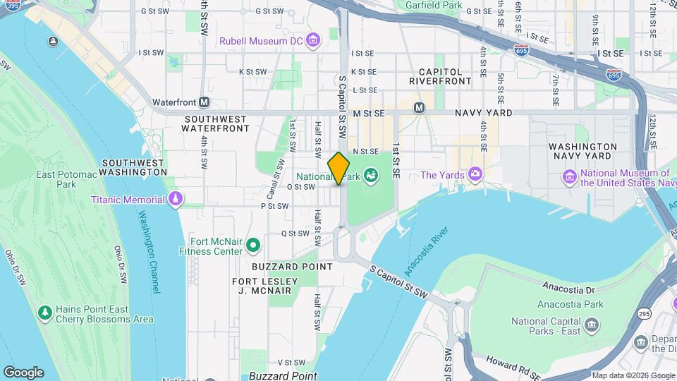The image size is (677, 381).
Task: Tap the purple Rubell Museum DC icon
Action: click(x=312, y=40)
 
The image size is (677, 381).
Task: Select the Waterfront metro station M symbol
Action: click(x=205, y=102)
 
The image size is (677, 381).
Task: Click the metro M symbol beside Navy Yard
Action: click(x=419, y=107)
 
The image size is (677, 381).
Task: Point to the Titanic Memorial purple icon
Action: click(x=174, y=200)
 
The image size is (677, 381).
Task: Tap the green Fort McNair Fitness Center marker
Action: click(x=253, y=246)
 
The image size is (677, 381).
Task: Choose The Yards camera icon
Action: click(x=476, y=174)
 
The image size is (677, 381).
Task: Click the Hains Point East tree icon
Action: click(x=45, y=313)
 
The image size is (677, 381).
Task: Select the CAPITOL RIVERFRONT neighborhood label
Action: click(x=441, y=76)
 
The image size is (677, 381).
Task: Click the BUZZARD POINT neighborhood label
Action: click(x=292, y=267)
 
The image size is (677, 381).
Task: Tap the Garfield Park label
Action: click(x=434, y=6)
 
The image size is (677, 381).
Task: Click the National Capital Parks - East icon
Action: click(x=592, y=325)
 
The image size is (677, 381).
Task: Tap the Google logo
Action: click(x=23, y=372)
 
